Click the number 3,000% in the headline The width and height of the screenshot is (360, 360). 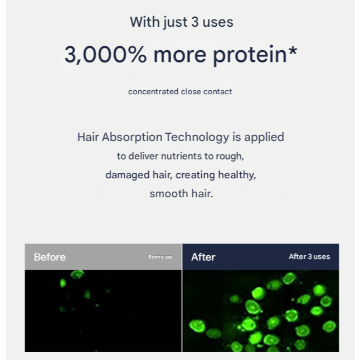[105, 55]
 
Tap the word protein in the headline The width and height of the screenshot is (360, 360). [250, 56]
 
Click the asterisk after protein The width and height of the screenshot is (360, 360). [293, 51]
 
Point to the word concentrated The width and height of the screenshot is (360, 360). [153, 91]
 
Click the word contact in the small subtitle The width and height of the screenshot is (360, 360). [218, 91]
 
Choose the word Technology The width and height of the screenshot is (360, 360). [197, 137]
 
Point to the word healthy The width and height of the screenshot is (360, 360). [237, 175]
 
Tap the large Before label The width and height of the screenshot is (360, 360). [50, 257]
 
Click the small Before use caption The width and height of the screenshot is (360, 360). [160, 257]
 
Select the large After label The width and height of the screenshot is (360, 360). [203, 257]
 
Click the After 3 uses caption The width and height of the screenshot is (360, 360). [309, 256]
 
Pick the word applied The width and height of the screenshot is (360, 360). [264, 138]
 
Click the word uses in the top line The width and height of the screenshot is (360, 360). [218, 22]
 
